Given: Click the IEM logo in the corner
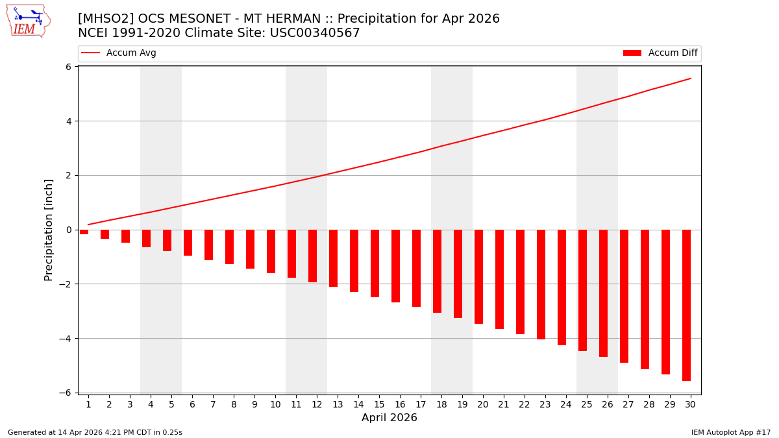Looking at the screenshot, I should [x=28, y=21].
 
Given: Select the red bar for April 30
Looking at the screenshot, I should [x=686, y=305].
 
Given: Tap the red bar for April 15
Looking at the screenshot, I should [x=375, y=263].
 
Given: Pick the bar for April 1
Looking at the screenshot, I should [x=84, y=232].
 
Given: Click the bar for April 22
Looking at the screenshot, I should [x=520, y=282].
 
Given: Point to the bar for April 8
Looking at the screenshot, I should [x=229, y=247].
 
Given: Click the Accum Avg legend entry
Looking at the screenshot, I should [x=119, y=53].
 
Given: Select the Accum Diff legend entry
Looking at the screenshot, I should [x=660, y=53].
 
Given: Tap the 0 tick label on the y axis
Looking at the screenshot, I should [x=68, y=230].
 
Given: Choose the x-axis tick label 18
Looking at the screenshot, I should [x=441, y=404].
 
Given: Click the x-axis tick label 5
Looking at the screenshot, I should [x=171, y=404].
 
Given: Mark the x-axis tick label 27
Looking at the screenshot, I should [x=628, y=404].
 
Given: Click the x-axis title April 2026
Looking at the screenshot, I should [x=389, y=418].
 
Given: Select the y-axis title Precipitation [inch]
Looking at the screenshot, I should [x=49, y=230].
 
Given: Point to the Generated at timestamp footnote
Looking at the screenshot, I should [x=95, y=432].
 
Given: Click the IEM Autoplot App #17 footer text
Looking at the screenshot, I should [x=730, y=432].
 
